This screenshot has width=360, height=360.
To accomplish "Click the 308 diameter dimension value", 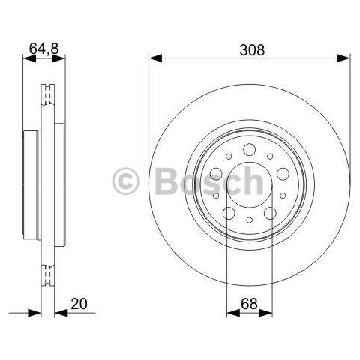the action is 252,50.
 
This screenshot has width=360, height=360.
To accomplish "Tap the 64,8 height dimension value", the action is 44,49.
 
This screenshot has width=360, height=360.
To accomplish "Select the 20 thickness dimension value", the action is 79,304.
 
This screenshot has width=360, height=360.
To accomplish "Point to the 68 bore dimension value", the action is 249,304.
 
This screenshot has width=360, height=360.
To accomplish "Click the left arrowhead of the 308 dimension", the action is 155,58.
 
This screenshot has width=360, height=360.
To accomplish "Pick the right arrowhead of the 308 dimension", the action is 343,58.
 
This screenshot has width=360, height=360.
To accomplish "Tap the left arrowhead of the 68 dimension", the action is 233,313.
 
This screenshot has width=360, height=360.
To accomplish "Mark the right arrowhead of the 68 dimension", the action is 265,313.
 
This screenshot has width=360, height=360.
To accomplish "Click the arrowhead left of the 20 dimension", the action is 34,313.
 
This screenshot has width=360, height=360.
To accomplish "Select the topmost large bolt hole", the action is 250,150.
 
